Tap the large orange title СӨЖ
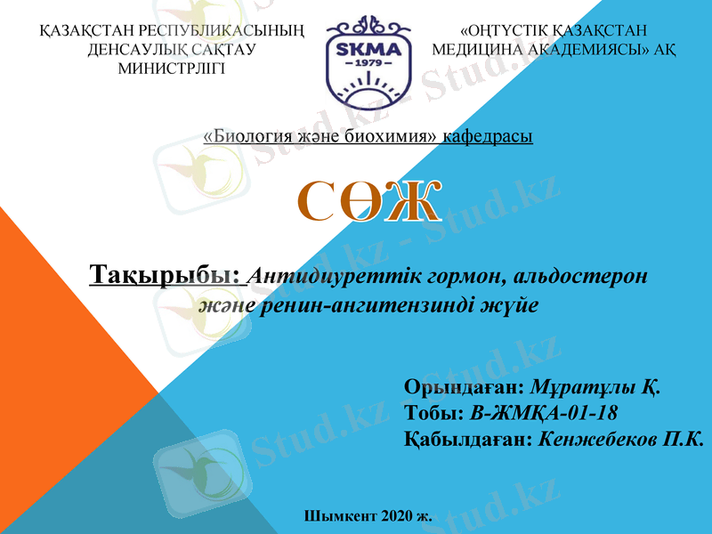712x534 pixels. [368, 202]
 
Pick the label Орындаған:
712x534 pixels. [463, 388]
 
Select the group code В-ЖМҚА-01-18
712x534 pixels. [543, 414]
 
